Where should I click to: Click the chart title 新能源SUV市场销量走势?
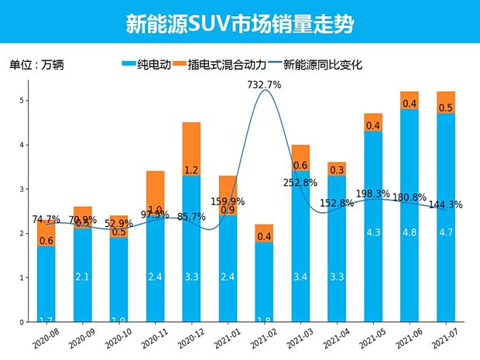tap(239, 24)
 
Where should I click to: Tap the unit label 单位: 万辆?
tap(36, 66)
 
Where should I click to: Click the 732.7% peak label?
tap(264, 84)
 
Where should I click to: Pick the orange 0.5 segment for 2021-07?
tap(445, 103)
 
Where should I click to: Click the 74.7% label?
tap(46, 220)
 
